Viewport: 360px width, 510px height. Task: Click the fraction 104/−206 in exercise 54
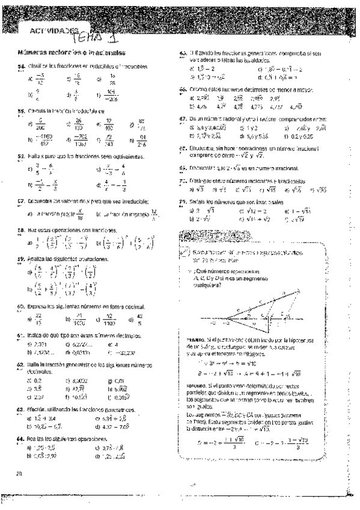pyautogui.click(x=127, y=94)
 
